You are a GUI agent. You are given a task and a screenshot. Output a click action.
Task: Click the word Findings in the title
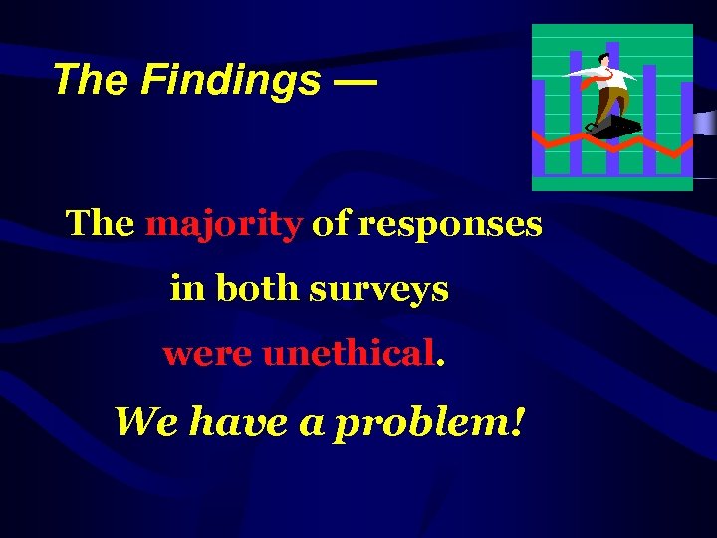231,80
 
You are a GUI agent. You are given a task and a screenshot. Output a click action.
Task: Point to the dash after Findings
356,80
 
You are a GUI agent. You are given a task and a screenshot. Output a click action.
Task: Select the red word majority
223,224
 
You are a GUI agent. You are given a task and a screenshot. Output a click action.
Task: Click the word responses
450,224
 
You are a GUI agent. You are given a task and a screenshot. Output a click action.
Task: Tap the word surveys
379,290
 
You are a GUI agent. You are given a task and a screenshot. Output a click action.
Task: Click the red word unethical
348,353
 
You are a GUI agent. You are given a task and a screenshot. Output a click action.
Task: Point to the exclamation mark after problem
517,421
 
